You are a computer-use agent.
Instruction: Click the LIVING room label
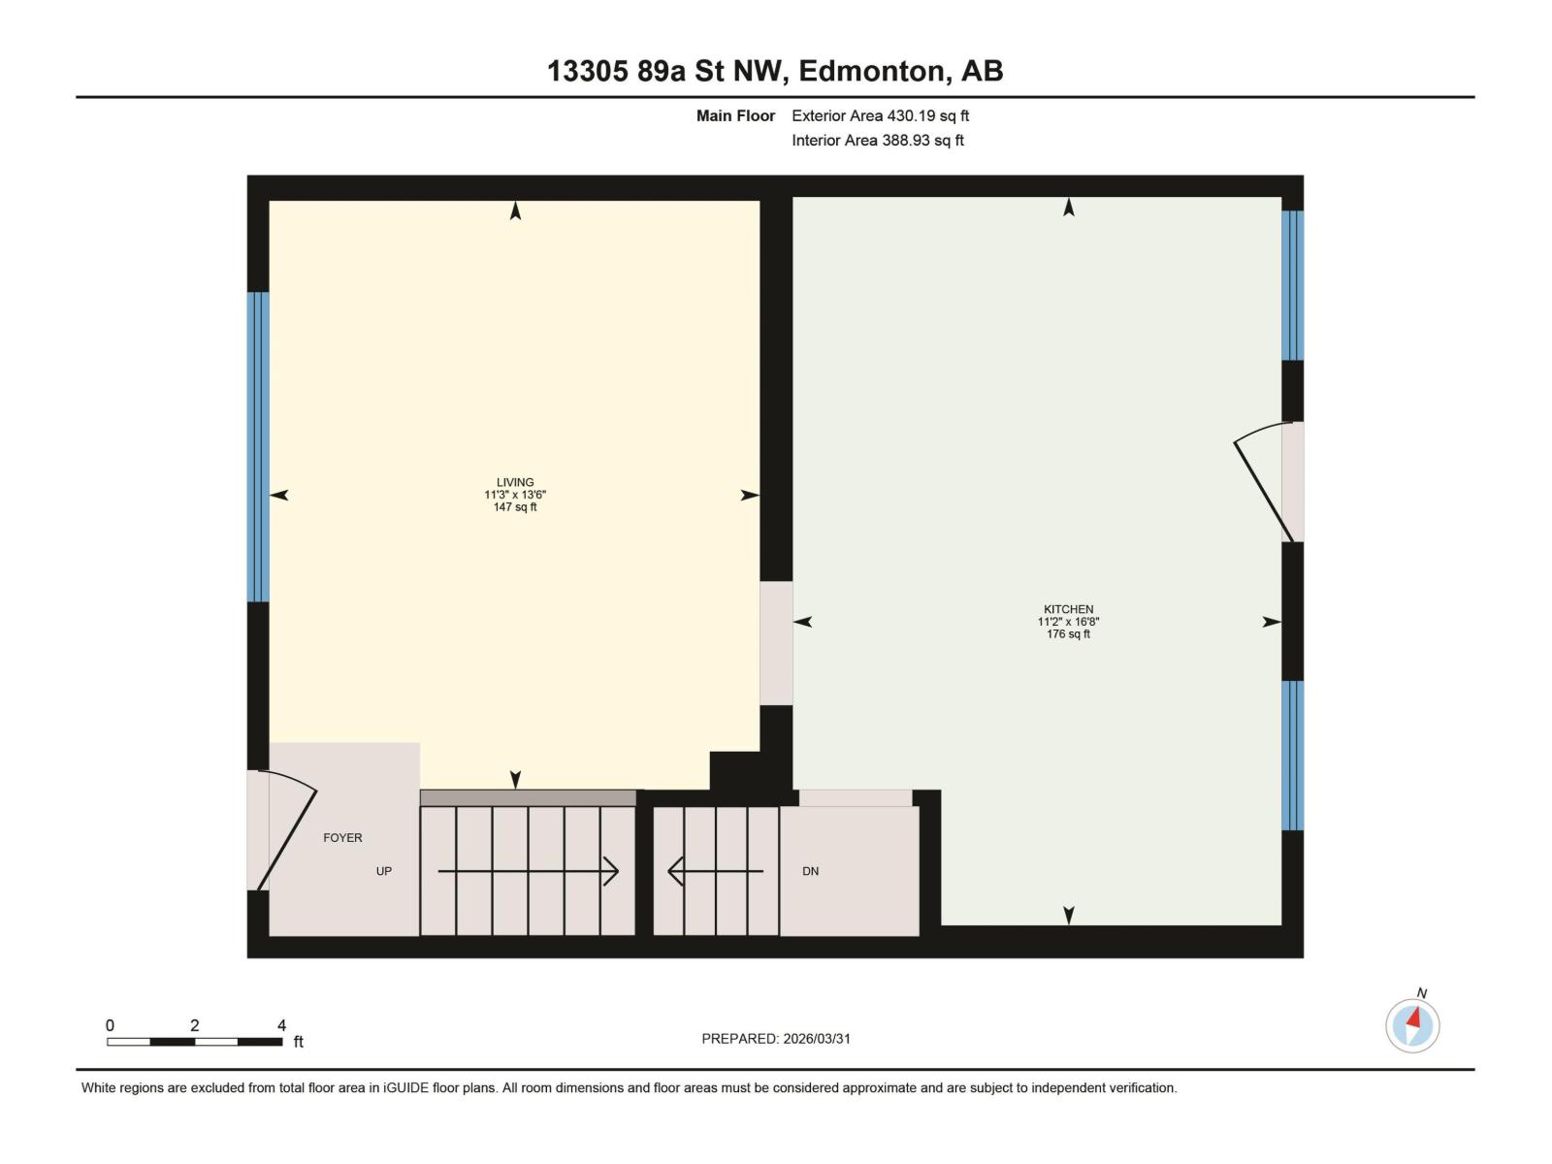[x=515, y=482]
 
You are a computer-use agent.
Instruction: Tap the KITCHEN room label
[x=1068, y=609]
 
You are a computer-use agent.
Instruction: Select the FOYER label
[x=342, y=837]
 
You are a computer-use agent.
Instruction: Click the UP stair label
[x=384, y=871]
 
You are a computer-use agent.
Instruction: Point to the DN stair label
[x=810, y=871]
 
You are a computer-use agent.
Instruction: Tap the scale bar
[x=195, y=1041]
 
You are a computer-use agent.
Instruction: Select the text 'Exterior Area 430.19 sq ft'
[x=880, y=115]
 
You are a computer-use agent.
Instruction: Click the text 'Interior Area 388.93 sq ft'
[x=877, y=140]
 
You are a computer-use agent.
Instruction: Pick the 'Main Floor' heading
[x=735, y=115]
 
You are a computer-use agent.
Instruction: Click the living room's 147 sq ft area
[x=515, y=507]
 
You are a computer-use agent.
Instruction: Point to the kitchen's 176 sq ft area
[x=1068, y=634]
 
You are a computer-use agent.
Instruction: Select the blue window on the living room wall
[x=257, y=446]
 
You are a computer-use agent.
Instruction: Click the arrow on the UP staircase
[x=529, y=871]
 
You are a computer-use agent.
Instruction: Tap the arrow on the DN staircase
[x=716, y=871]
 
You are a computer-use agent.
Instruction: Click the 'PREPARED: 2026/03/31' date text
[x=776, y=1038]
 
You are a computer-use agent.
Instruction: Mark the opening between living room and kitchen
[x=776, y=642]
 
